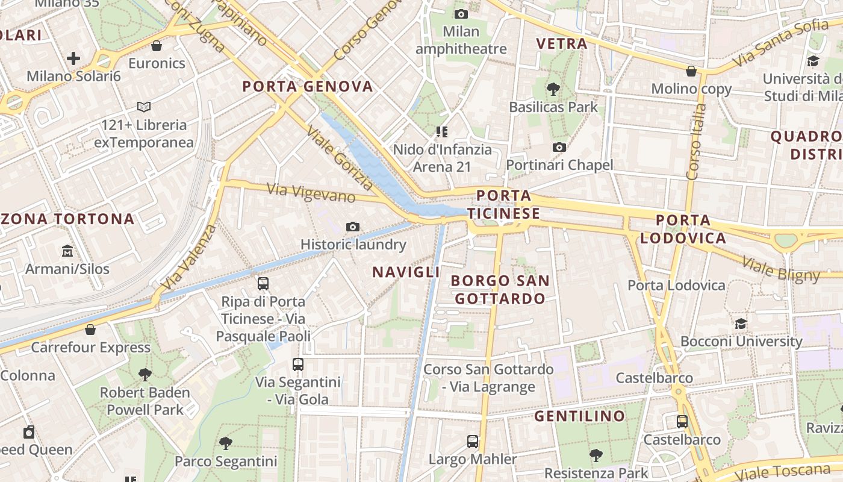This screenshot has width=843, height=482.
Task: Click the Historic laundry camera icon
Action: point(353,227)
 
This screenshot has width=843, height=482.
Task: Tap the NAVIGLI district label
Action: point(406,272)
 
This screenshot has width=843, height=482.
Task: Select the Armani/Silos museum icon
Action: point(67,251)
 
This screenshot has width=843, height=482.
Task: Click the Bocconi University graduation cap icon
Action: point(741,324)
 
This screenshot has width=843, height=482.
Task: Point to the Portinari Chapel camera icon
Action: point(559,147)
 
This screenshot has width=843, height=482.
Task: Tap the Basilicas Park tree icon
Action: point(553,89)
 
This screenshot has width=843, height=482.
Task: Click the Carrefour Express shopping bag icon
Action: point(90,330)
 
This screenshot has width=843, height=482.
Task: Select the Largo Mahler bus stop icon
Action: point(473,442)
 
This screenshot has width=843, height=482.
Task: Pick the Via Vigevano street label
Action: point(311,193)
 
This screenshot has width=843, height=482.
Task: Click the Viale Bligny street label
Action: point(781,269)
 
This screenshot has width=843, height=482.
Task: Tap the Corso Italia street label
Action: point(696,142)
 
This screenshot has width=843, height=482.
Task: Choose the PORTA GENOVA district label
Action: point(308,87)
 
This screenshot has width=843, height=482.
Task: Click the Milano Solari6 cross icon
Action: point(73,58)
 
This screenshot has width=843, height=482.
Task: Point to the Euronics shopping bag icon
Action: point(157,46)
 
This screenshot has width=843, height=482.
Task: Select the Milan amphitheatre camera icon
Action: point(461,14)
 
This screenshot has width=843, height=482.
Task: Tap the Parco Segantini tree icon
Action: point(226,443)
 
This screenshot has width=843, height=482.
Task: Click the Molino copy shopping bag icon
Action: point(691,71)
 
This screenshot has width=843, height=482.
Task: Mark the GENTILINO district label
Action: point(579,416)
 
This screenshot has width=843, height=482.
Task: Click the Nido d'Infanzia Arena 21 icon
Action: point(443,131)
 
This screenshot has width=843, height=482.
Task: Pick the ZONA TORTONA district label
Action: point(67,219)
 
